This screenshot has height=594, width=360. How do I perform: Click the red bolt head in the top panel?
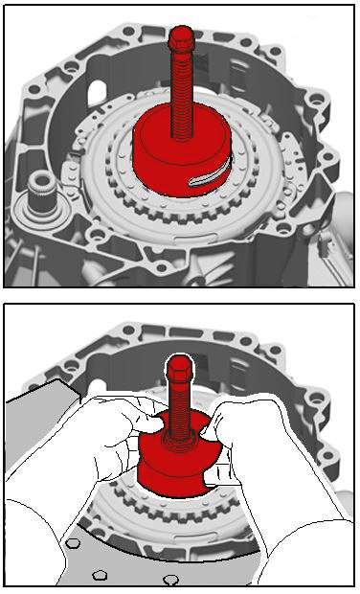click(x=179, y=41)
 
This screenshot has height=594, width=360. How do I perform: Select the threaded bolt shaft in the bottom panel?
click(x=180, y=407)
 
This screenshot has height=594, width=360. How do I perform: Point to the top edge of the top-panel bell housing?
click(x=182, y=21)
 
